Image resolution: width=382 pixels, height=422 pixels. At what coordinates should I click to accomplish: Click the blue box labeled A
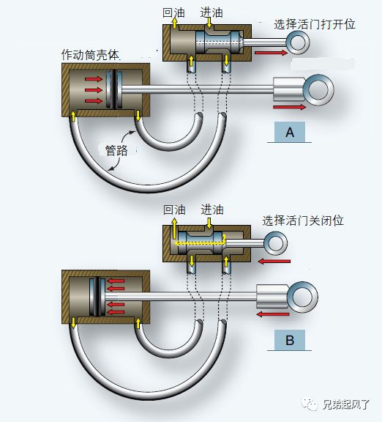tap(290, 132)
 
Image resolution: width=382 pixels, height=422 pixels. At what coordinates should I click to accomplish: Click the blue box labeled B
tap(290, 340)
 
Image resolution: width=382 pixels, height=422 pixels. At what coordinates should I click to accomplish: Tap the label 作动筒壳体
tap(91, 55)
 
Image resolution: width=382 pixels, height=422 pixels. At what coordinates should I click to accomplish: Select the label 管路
tap(116, 150)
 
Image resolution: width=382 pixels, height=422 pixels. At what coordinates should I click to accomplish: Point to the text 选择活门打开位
tap(315, 24)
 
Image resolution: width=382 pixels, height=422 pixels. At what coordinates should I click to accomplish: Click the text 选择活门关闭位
tap(303, 221)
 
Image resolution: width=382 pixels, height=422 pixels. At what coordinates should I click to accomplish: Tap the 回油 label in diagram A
tap(173, 12)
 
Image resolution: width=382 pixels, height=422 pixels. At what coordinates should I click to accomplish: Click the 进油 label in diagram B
tap(212, 210)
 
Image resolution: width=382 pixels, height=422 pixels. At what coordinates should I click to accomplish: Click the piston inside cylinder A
tap(114, 89)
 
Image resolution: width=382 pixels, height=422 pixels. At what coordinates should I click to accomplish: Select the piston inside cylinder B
tap(97, 297)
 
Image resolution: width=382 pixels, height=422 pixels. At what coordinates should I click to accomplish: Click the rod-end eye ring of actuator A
tap(318, 89)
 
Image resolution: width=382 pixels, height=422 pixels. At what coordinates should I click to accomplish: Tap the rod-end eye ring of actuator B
tap(303, 297)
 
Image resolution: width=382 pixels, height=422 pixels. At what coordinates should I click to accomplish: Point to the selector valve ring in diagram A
tap(298, 42)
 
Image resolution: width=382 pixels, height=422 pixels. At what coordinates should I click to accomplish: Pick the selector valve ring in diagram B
tap(276, 243)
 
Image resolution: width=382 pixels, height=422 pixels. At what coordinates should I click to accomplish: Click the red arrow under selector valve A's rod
tap(271, 53)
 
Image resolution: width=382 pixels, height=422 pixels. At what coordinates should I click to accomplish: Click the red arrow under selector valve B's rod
tap(274, 261)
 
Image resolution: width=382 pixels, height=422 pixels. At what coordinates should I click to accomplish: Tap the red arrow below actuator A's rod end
tap(290, 107)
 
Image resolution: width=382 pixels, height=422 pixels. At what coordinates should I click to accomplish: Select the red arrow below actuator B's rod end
tap(273, 314)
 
